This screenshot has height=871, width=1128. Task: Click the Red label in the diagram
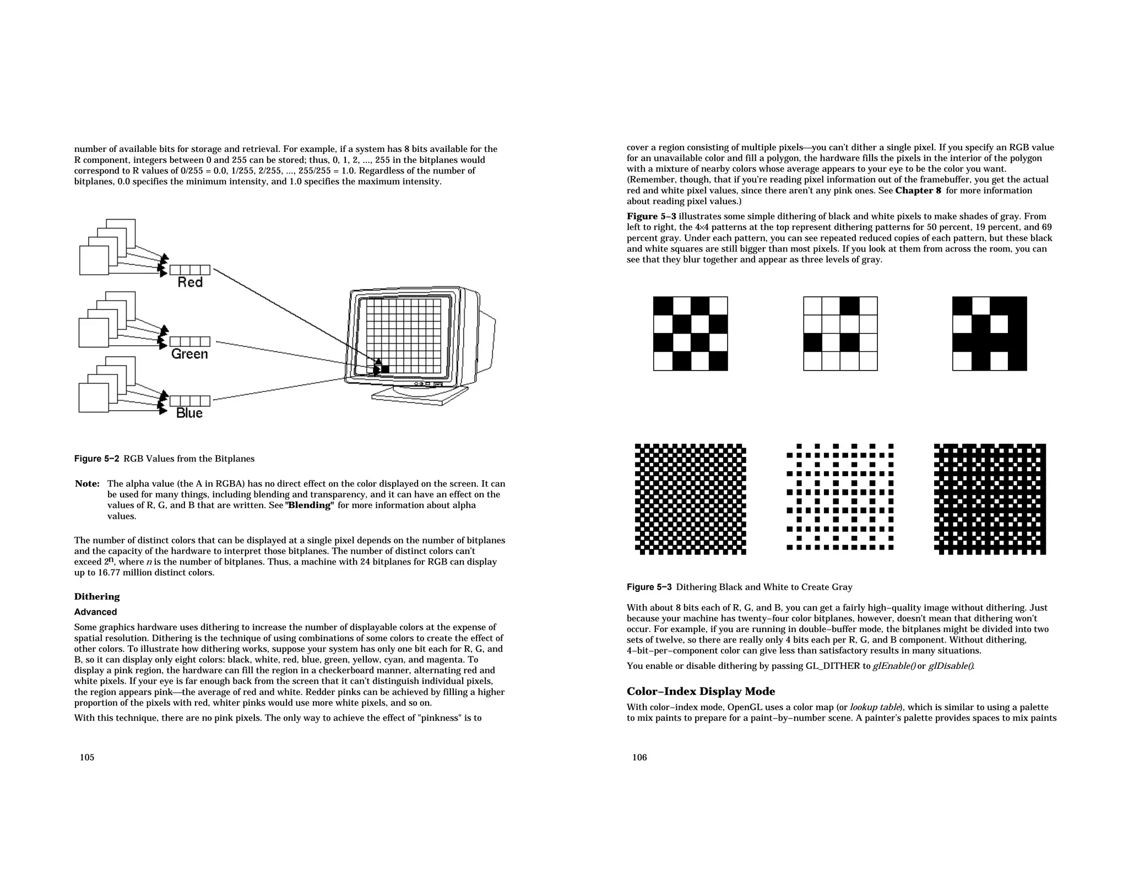(190, 282)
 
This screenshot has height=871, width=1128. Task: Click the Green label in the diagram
(189, 354)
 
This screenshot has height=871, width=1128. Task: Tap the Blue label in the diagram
(189, 413)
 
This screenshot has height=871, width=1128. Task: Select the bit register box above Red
(190, 270)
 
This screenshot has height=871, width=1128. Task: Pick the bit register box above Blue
(190, 401)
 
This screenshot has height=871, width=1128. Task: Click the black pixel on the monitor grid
(384, 369)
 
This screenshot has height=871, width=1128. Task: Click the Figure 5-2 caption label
(96, 459)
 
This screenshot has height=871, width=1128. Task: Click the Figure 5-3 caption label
(649, 587)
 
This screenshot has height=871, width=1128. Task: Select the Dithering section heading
(97, 597)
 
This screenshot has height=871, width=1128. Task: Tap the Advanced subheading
(95, 612)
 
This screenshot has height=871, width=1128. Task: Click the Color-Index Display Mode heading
(701, 692)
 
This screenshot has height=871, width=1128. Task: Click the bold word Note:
(87, 484)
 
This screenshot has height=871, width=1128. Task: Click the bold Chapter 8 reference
(918, 190)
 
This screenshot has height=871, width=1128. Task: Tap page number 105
(87, 758)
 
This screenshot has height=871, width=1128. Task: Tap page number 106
(639, 758)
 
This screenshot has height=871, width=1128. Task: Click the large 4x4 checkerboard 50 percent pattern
(690, 334)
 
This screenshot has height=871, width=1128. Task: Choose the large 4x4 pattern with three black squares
(840, 334)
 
